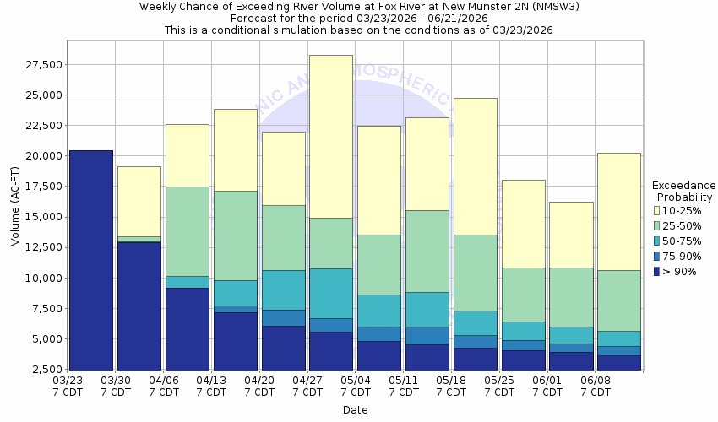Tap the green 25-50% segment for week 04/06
pyautogui.click(x=187, y=231)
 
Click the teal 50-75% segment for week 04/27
pyautogui.click(x=330, y=293)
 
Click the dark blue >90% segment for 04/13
pyautogui.click(x=235, y=341)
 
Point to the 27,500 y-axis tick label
pyautogui.click(x=41, y=64)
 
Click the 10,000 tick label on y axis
pyautogui.click(x=41, y=279)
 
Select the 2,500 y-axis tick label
pyautogui.click(x=43, y=370)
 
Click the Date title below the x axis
pyautogui.click(x=355, y=410)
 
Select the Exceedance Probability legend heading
pyautogui.click(x=683, y=191)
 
